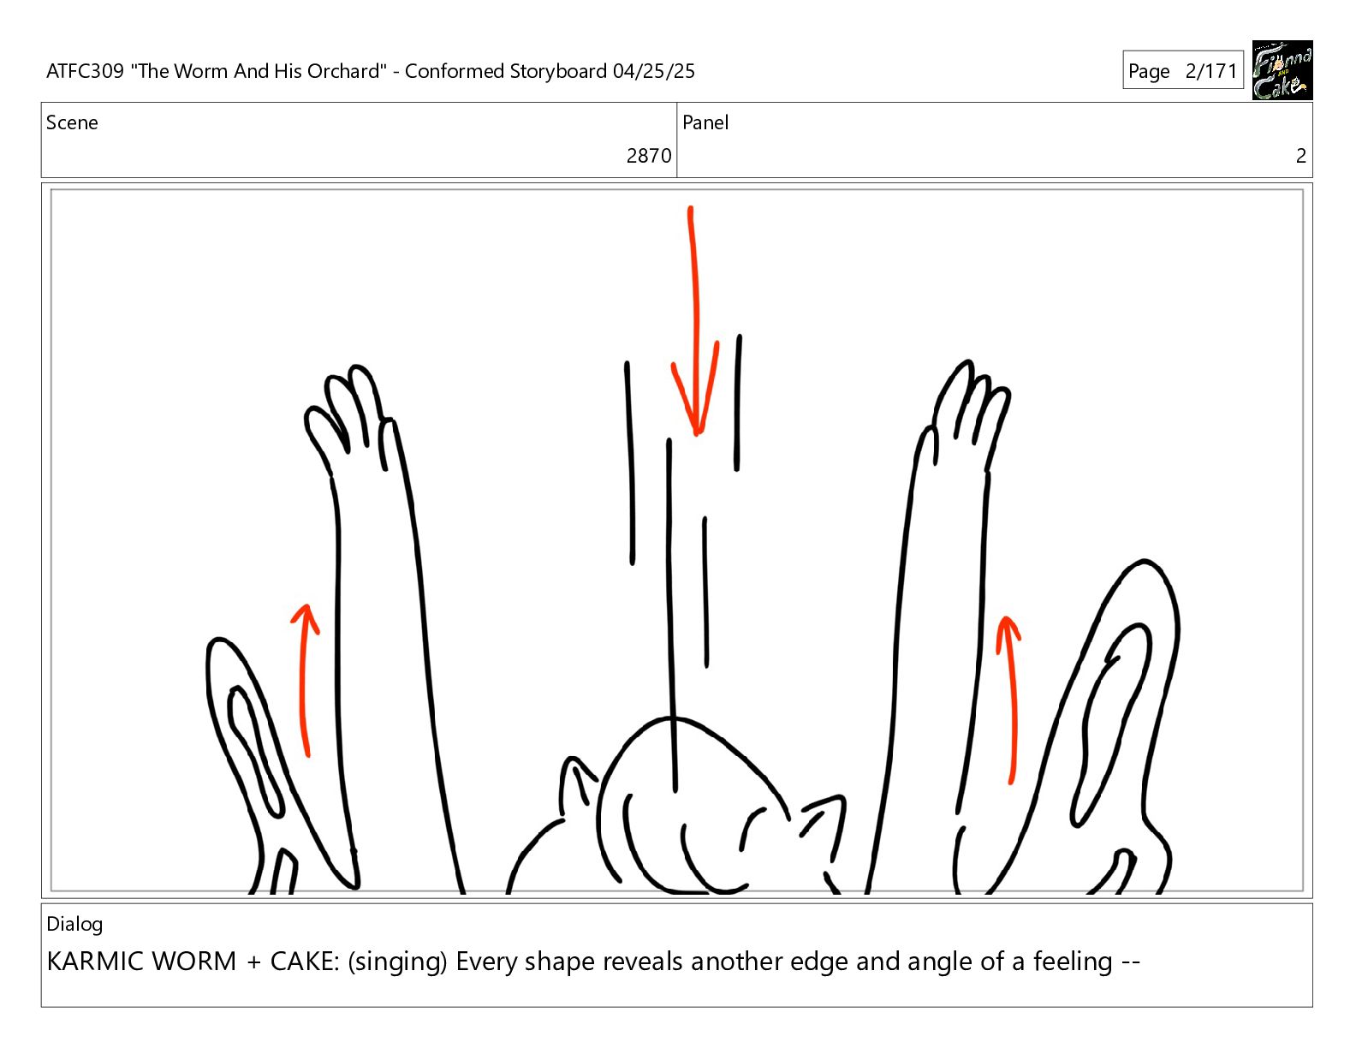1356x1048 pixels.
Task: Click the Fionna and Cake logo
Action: [1282, 70]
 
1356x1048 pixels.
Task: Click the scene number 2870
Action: [648, 156]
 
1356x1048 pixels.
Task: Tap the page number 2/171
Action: [1211, 70]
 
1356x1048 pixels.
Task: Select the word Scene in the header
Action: [72, 122]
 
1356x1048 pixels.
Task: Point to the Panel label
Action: [705, 122]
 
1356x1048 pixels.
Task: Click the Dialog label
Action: [74, 924]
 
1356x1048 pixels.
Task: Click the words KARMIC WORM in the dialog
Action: [141, 962]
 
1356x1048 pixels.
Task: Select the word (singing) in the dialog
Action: [397, 962]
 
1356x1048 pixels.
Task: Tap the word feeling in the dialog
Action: [1073, 962]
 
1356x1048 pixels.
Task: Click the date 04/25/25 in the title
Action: [653, 71]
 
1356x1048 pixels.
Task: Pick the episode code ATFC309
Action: [86, 71]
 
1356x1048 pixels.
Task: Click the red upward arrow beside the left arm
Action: [304, 681]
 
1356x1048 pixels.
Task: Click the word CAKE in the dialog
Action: [305, 962]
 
